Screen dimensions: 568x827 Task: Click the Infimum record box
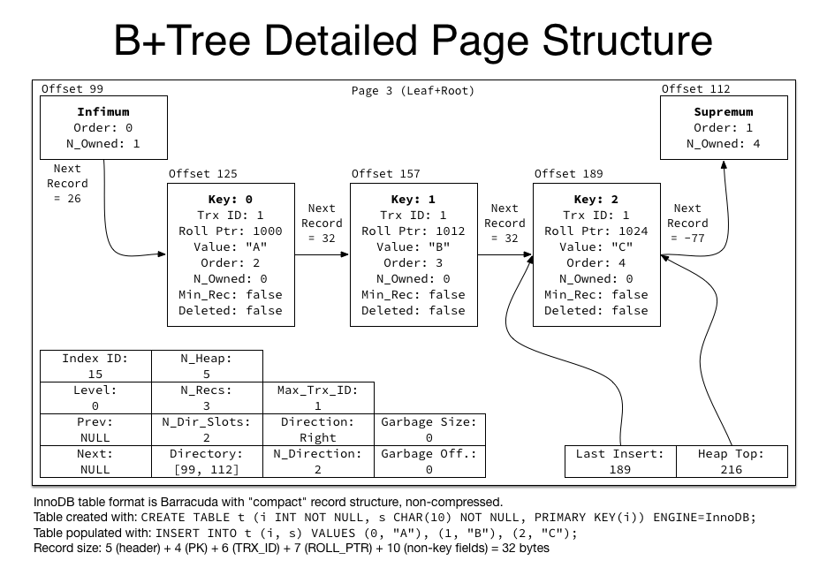102,127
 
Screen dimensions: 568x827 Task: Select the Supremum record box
724,127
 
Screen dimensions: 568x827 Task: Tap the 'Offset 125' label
202,174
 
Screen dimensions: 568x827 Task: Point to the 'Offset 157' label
385,174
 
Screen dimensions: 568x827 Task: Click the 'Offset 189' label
568,174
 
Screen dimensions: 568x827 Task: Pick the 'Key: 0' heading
231,200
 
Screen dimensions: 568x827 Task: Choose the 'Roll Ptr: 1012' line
413,231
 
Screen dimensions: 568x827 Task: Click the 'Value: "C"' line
596,247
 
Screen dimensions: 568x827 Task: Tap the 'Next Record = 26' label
67,184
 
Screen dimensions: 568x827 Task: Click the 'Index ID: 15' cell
95,366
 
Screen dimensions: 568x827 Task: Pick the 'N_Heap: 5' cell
207,366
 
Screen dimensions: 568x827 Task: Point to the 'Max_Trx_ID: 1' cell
318,398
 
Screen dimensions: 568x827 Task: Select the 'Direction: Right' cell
318,429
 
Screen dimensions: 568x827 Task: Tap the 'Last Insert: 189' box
619,461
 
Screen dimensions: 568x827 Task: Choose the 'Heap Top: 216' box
731,461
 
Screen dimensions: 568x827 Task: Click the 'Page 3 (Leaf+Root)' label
413,91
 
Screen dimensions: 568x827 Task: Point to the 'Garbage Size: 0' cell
429,429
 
